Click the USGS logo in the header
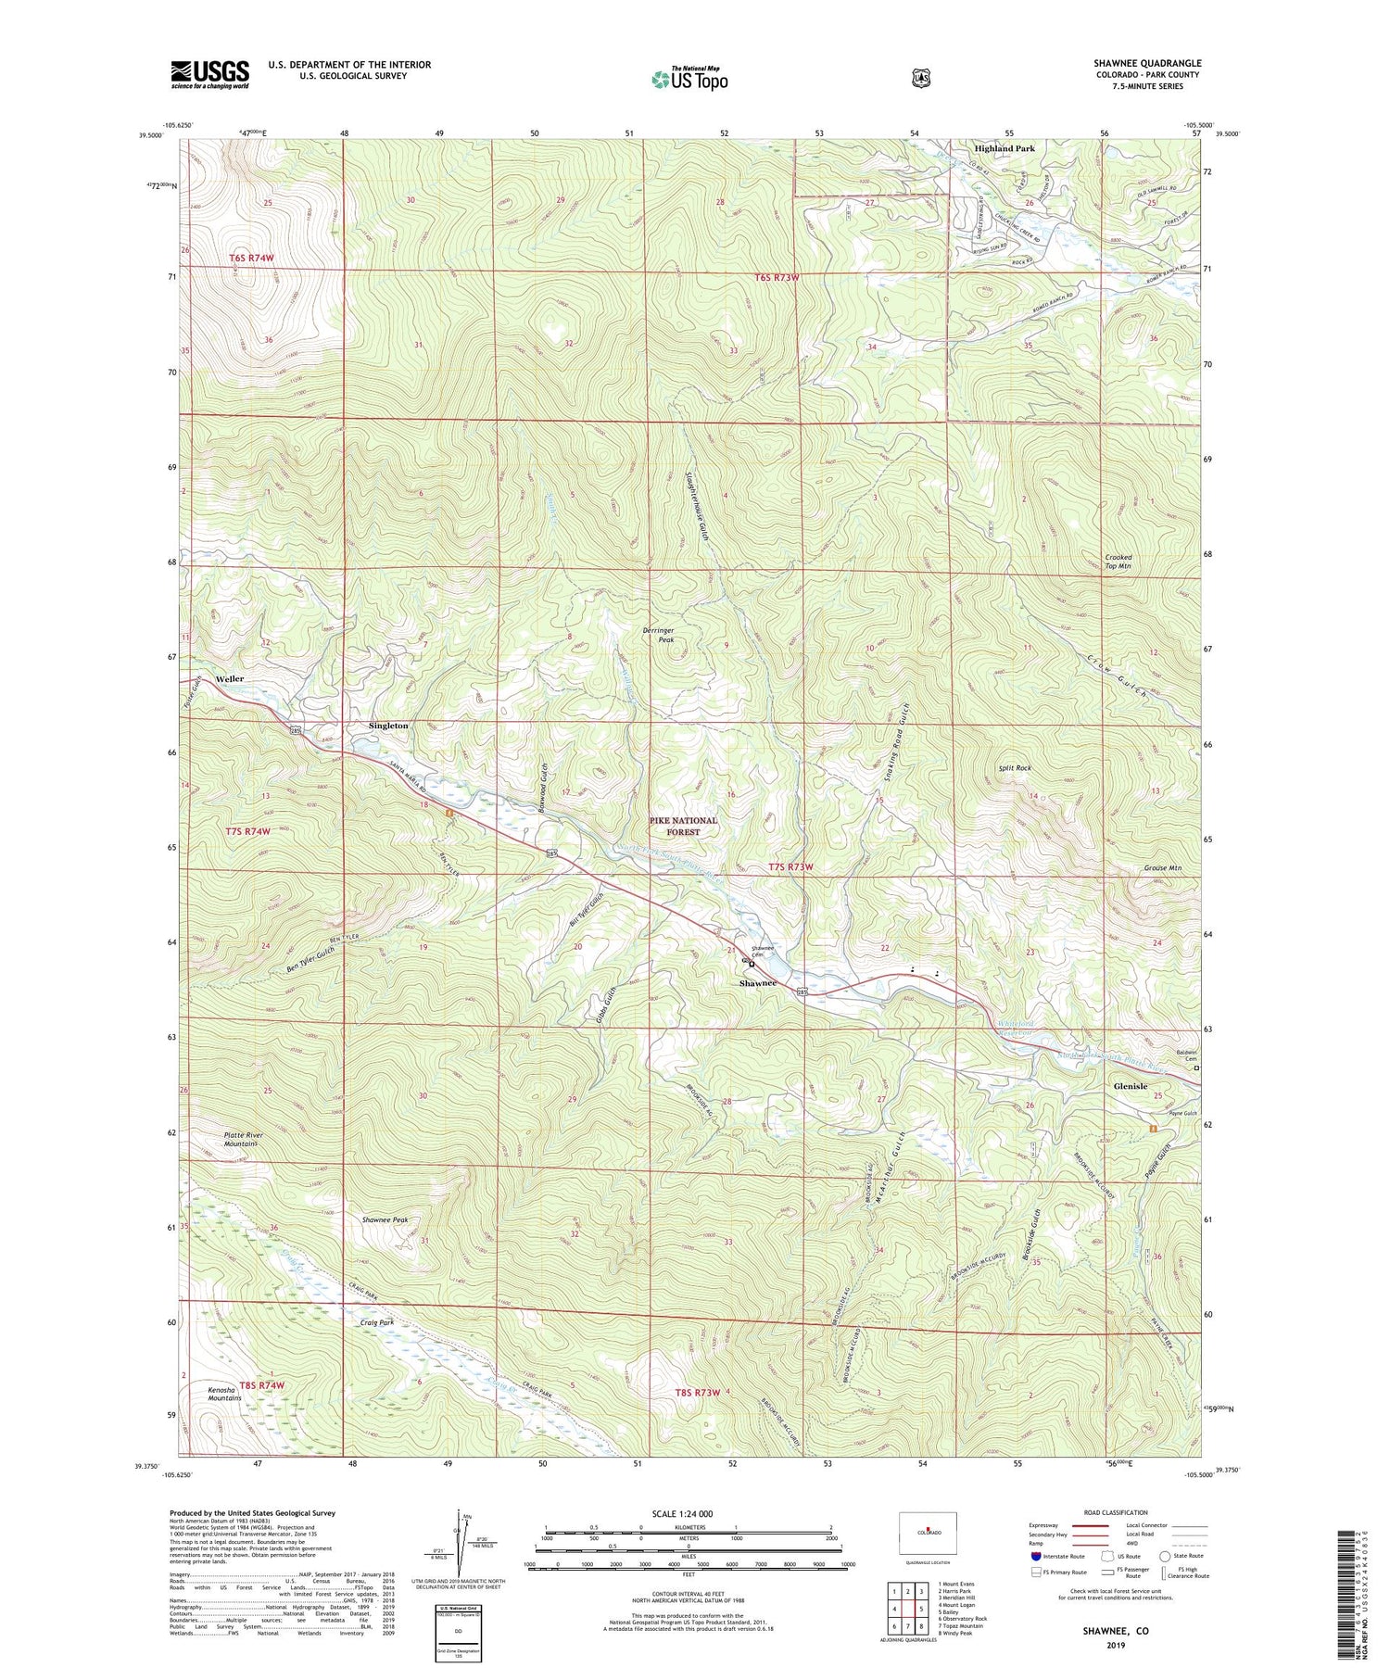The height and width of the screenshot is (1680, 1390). (x=209, y=74)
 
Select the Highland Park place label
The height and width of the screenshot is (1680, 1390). (x=1004, y=148)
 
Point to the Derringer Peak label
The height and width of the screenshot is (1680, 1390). (x=659, y=635)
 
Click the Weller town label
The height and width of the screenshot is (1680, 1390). (x=230, y=679)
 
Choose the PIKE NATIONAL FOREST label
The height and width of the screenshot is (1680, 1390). (x=683, y=826)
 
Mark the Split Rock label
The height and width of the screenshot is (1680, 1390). (x=1015, y=768)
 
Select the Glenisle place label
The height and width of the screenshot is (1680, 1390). (x=1130, y=1086)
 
